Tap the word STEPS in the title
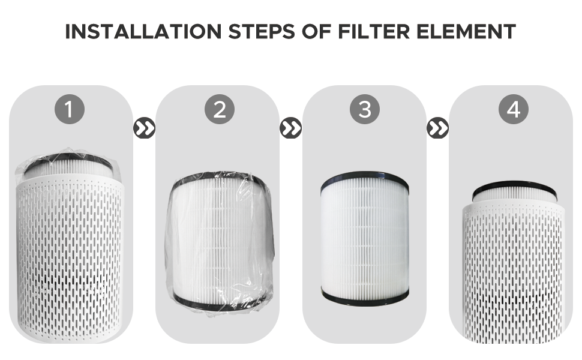pyautogui.click(x=260, y=31)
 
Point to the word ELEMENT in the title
pyautogui.click(x=471, y=31)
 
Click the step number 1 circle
pyautogui.click(x=70, y=109)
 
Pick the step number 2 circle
pyautogui.click(x=219, y=109)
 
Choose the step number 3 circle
pyautogui.click(x=365, y=109)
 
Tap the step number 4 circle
pyautogui.click(x=513, y=109)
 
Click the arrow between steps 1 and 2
pyautogui.click(x=144, y=128)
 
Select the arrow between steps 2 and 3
pyautogui.click(x=291, y=128)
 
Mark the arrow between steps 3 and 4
pyautogui.click(x=438, y=128)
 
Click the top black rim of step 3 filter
pyautogui.click(x=364, y=178)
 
